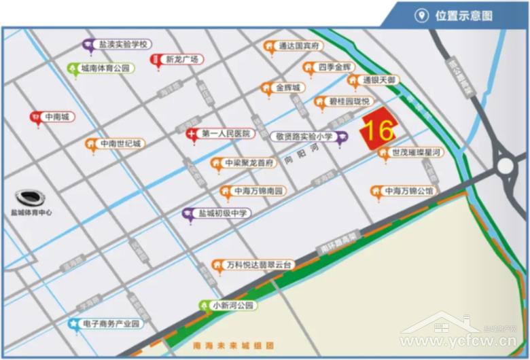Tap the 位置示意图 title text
(463, 16)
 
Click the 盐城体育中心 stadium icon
(31, 198)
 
